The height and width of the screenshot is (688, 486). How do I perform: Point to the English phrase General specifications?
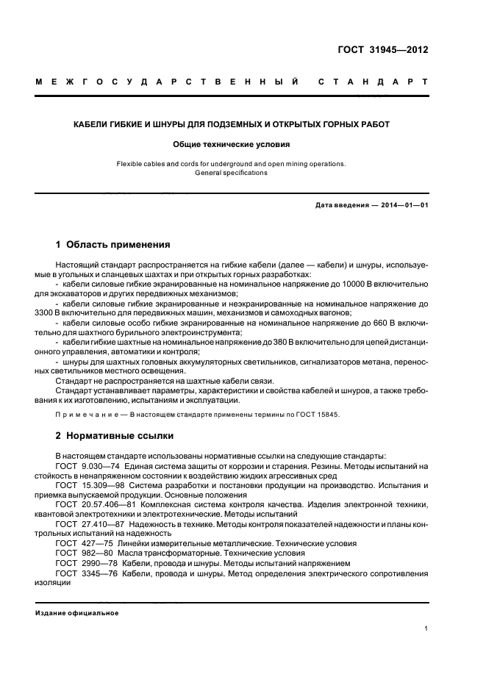(232, 173)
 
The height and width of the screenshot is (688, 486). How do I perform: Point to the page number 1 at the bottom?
(426, 628)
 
